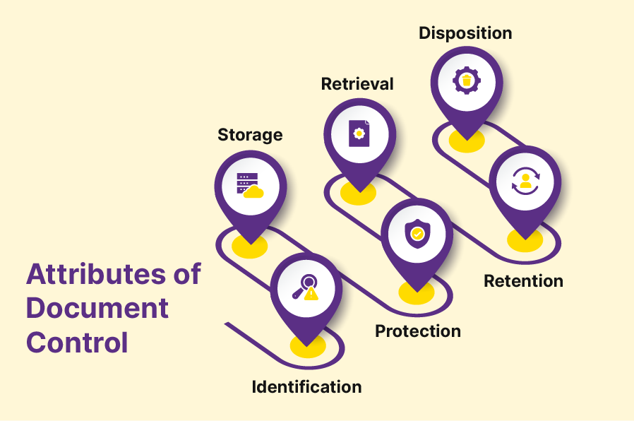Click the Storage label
(x=250, y=135)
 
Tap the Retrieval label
(x=357, y=84)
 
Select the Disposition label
(x=465, y=33)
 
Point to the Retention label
(x=523, y=281)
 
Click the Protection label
(x=417, y=331)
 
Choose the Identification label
(x=306, y=387)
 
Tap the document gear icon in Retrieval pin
(x=359, y=133)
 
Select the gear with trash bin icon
(x=466, y=81)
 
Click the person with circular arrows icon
(x=525, y=181)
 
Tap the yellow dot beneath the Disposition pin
(x=466, y=141)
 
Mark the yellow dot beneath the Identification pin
(x=307, y=346)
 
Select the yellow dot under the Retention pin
(x=525, y=240)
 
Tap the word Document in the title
(x=97, y=309)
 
